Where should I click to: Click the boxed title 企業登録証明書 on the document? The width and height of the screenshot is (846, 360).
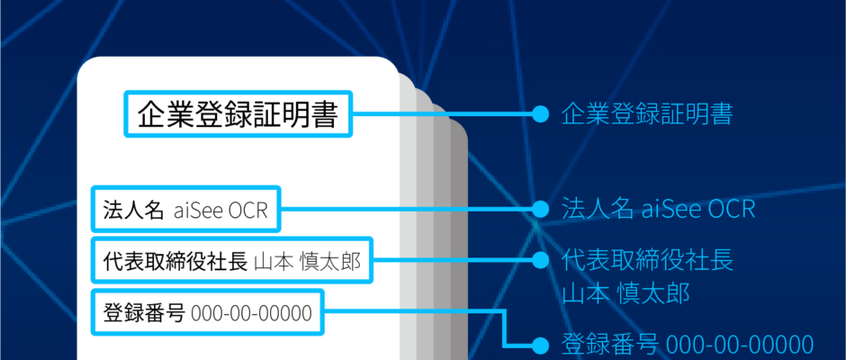click(x=238, y=114)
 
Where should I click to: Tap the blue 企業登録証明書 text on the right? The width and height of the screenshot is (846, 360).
click(x=647, y=114)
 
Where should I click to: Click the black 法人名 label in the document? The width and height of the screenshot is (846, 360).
click(x=133, y=210)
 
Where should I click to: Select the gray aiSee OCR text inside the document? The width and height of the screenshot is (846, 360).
click(x=220, y=210)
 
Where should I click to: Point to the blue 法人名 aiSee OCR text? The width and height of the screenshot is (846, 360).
click(x=658, y=209)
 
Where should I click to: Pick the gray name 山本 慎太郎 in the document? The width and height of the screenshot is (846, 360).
click(x=307, y=261)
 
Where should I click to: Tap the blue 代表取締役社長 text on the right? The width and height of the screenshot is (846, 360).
click(x=647, y=260)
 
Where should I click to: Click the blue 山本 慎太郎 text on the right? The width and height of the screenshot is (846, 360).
click(x=625, y=294)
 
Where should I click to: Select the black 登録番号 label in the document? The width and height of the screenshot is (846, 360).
click(x=144, y=312)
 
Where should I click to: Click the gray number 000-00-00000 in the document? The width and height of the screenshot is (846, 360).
click(x=251, y=312)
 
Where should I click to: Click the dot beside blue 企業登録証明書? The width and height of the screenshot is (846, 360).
click(x=540, y=114)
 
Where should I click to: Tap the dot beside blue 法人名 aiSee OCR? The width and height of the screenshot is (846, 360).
click(x=540, y=209)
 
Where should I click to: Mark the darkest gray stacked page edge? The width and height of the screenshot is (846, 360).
click(x=459, y=243)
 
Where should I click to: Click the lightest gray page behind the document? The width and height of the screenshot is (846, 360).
click(x=408, y=227)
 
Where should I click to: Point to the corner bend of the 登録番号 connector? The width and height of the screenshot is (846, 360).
click(x=505, y=310)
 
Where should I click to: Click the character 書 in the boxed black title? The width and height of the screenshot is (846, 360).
click(x=325, y=114)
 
